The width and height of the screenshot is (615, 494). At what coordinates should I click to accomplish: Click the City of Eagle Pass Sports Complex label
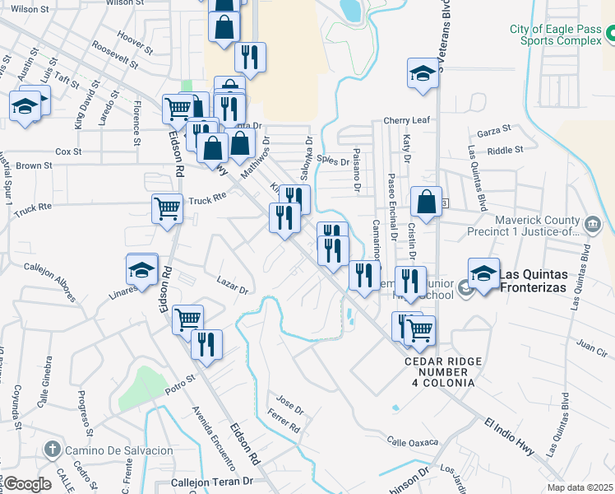tap(556, 35)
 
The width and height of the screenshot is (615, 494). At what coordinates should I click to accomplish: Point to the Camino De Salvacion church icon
tap(51, 450)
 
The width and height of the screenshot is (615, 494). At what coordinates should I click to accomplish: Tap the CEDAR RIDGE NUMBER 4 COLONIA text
tap(440, 372)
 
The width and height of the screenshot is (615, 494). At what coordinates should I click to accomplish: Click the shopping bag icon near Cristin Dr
tap(426, 202)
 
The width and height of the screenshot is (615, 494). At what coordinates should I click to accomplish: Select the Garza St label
tap(493, 129)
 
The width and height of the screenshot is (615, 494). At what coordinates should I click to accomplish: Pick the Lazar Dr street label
tap(233, 287)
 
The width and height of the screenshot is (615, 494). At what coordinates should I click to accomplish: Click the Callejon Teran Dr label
tap(211, 482)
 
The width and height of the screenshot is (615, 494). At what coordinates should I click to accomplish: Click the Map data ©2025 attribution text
tap(580, 487)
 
